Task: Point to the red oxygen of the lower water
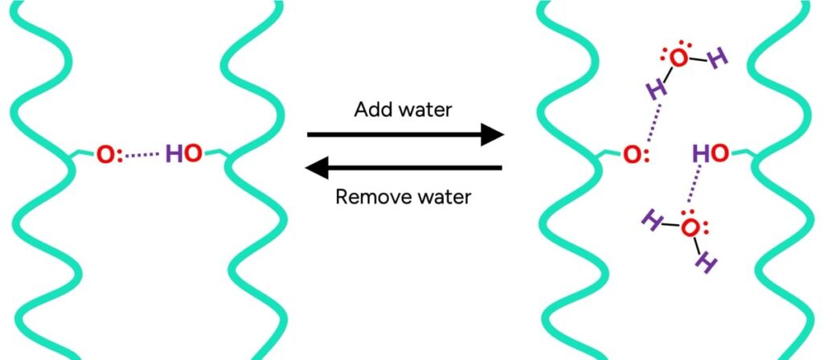pyautogui.click(x=690, y=228)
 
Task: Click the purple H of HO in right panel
pyautogui.click(x=702, y=153)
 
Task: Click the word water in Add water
pyautogui.click(x=424, y=110)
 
